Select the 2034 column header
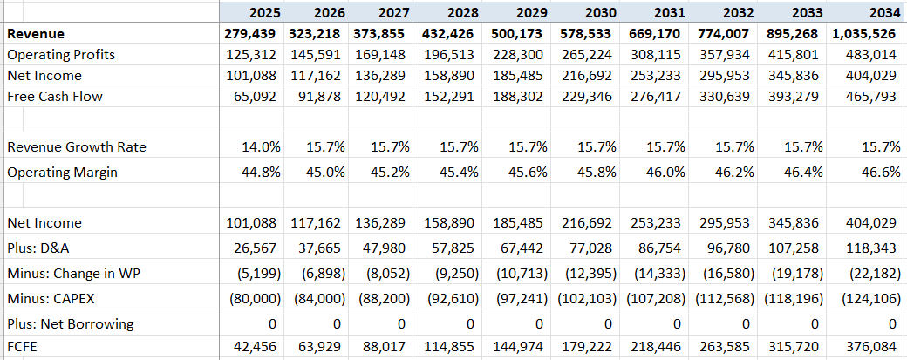pyautogui.click(x=883, y=12)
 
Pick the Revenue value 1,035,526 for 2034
pyautogui.click(x=861, y=34)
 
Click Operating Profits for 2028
pyautogui.click(x=453, y=55)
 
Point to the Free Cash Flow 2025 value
pyautogui.click(x=256, y=97)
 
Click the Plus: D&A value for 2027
pyautogui.click(x=385, y=248)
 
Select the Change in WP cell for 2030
pyautogui.click(x=585, y=273)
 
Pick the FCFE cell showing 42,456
pyautogui.click(x=256, y=349)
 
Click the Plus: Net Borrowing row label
pyautogui.click(x=71, y=324)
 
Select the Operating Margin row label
pyautogui.click(x=63, y=173)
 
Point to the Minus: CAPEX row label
pyautogui.click(x=53, y=298)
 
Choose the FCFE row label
pyautogui.click(x=24, y=349)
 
